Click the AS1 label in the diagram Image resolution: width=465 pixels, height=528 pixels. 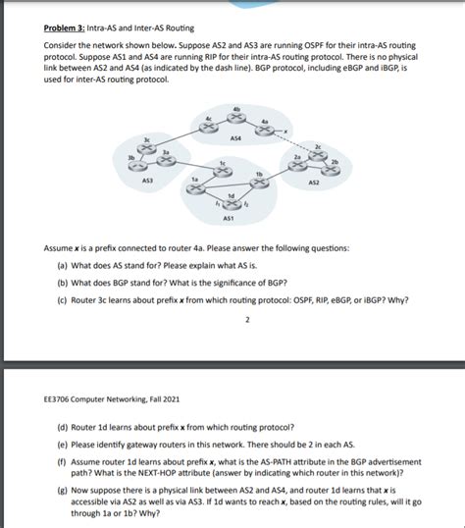[x=229, y=218]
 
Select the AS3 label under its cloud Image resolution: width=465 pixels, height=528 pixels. [x=147, y=181]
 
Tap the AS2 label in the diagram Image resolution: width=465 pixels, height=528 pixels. [x=313, y=182]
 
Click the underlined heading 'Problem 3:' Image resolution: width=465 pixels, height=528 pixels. [x=66, y=26]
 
